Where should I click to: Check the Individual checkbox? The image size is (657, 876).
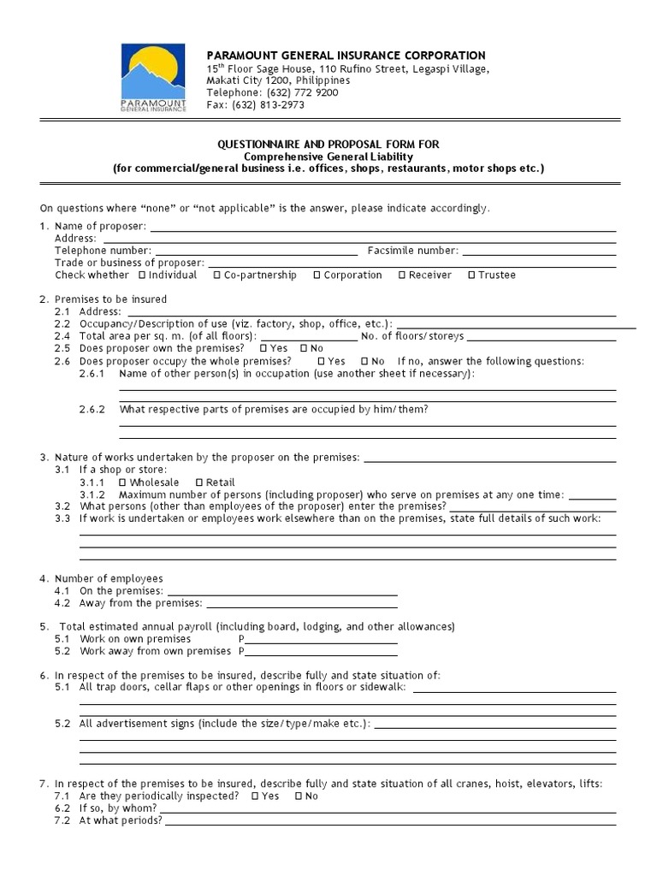pos(141,275)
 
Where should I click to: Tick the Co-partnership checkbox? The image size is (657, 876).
pos(217,275)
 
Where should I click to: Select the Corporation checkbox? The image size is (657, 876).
pos(317,275)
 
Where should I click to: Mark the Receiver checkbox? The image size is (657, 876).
pos(401,275)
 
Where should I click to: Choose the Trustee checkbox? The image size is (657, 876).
pos(471,275)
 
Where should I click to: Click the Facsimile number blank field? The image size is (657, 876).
pos(539,251)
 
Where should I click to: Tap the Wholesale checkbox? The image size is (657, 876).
pos(122,482)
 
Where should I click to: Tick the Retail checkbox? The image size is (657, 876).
pos(199,482)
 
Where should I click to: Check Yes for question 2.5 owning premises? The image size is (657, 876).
pos(263,349)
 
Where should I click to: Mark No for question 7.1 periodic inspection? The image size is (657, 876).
pos(299,796)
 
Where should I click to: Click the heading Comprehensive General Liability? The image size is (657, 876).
pos(328,157)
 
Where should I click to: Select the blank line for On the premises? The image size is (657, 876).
pos(282,591)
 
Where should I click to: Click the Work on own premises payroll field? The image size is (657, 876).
pos(322,639)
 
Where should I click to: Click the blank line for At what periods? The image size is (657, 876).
pos(390,820)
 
